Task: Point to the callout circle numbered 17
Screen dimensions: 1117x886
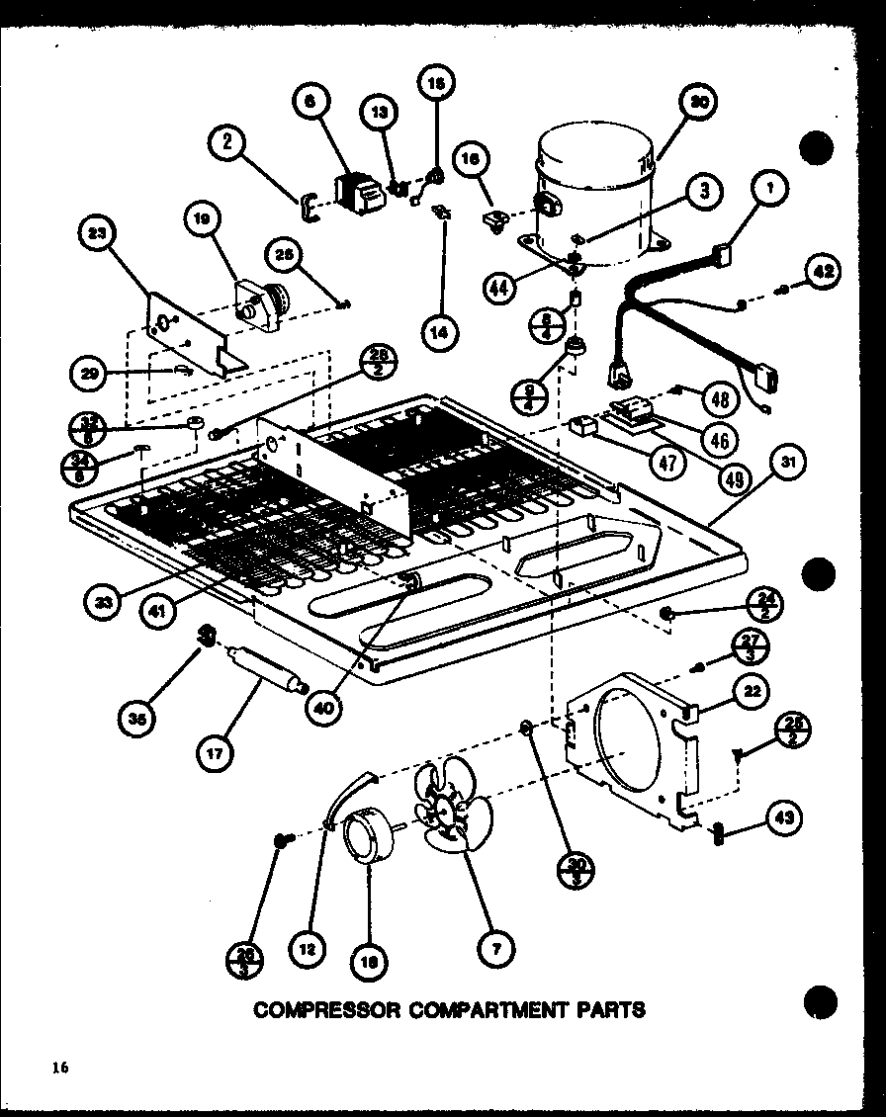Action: pyautogui.click(x=216, y=752)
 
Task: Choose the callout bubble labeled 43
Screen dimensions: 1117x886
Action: pyautogui.click(x=784, y=817)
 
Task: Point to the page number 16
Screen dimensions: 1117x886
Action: pyautogui.click(x=61, y=1066)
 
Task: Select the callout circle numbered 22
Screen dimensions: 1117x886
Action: pyautogui.click(x=753, y=693)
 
